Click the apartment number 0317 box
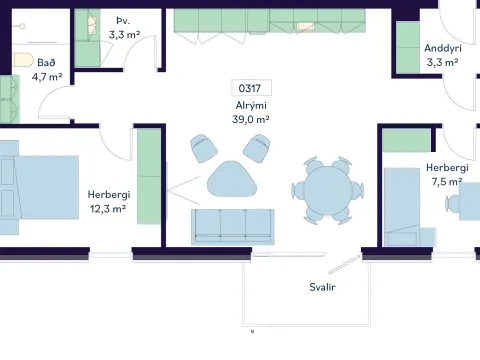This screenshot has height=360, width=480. (x=252, y=88)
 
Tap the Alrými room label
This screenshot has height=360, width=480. (x=251, y=106)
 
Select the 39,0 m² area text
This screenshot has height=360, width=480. (x=251, y=119)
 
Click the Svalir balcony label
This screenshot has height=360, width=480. (x=322, y=287)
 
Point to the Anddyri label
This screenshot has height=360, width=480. (x=443, y=48)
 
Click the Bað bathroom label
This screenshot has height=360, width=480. (x=46, y=62)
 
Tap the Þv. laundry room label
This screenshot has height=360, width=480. (x=123, y=21)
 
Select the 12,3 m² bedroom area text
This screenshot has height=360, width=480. (x=108, y=209)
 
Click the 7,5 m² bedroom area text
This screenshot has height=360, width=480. (x=447, y=182)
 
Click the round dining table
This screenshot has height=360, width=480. (x=328, y=190)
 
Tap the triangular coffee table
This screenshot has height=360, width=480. (x=232, y=179)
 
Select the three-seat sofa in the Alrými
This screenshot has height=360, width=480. (x=233, y=227)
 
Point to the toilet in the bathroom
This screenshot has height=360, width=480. (x=23, y=60)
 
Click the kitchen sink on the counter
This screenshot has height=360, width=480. (x=305, y=26)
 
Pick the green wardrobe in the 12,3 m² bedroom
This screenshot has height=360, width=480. (x=149, y=176)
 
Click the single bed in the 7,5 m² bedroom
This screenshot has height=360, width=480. (x=402, y=207)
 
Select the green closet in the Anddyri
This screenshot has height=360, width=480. (x=408, y=47)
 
